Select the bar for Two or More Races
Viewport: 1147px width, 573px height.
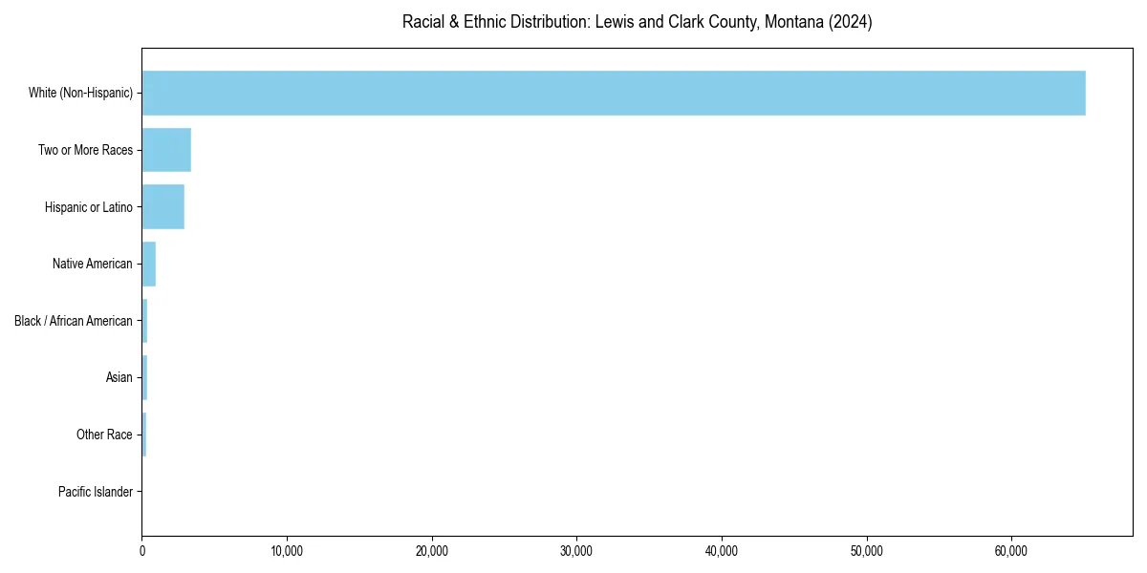tap(166, 150)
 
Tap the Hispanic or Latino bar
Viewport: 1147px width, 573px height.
tap(162, 207)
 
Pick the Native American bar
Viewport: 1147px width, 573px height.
tap(148, 264)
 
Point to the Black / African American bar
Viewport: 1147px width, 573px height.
tap(144, 321)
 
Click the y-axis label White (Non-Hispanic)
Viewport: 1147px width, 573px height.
tap(80, 93)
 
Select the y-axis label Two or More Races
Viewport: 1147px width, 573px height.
tap(85, 150)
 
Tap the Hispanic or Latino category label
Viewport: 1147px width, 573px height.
tap(88, 207)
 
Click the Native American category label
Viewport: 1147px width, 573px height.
tap(92, 264)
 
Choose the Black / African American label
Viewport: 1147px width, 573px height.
tap(74, 321)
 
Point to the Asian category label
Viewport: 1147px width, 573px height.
tap(119, 378)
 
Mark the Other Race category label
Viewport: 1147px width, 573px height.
tap(104, 435)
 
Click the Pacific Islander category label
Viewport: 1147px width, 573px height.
tap(95, 492)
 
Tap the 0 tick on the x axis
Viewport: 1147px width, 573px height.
tap(142, 551)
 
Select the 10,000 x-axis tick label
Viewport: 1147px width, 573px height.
tap(287, 551)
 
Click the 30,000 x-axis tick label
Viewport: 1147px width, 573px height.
tap(576, 551)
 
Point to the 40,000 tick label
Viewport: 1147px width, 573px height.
tap(722, 551)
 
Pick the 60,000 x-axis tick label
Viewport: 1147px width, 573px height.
tap(1011, 551)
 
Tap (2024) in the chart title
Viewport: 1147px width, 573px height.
tap(851, 22)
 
